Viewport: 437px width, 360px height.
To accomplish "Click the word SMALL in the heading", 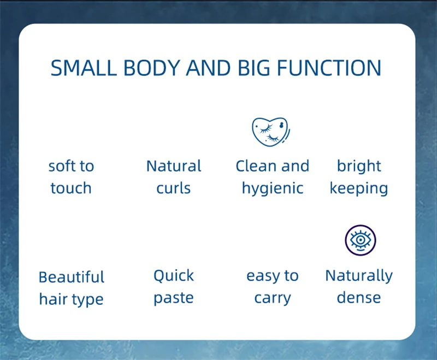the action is coord(84,68).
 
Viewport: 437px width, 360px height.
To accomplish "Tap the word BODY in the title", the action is coord(152,68).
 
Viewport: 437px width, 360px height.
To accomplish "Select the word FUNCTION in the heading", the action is coord(329,68).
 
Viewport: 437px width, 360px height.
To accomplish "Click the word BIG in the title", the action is coord(254,68).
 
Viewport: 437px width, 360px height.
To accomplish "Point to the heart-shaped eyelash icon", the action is coord(270,132).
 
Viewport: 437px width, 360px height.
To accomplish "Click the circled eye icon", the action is coord(361,240).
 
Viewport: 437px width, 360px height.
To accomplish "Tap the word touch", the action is coord(71,188).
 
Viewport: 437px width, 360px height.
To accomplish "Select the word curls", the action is coord(173,188).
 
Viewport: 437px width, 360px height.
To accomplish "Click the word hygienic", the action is coord(273,189).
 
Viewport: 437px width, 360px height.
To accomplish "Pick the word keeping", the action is coord(359,189).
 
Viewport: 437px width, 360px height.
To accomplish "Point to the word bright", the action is coord(359,167).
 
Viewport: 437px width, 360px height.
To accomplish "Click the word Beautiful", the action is coord(72,277).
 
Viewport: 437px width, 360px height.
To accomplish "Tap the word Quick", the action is coord(174,276).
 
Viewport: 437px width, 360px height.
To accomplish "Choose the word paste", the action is coord(174,298).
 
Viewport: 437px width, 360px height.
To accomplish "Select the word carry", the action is coord(273,298).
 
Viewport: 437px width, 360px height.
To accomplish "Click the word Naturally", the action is coord(359,276).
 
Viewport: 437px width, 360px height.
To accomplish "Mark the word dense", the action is coord(359,297).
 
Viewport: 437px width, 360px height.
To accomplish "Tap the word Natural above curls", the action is coord(174,166).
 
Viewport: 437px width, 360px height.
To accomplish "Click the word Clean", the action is coord(256,166).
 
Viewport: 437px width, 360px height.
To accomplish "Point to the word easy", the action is coord(263,276).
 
